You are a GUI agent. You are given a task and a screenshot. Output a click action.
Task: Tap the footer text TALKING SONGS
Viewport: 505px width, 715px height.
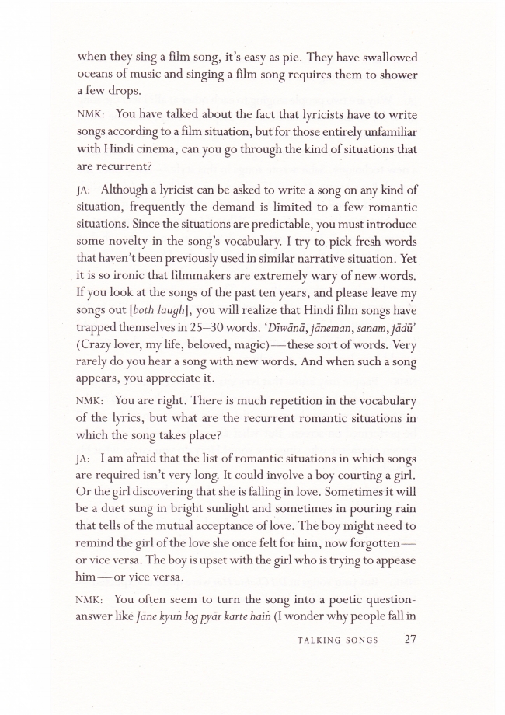(x=337, y=641)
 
